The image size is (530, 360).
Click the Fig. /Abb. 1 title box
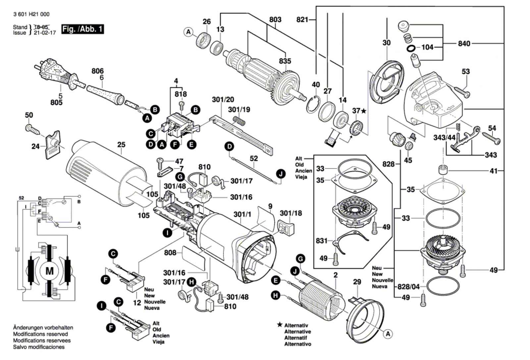click(82, 29)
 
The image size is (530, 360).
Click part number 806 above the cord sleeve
click(97, 71)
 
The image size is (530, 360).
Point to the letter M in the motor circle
click(49, 271)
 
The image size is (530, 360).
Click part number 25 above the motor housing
click(121, 145)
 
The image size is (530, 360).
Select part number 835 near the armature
click(285, 61)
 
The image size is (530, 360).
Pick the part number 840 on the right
click(464, 43)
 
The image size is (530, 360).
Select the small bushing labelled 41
click(443, 170)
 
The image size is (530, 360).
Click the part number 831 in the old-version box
click(321, 241)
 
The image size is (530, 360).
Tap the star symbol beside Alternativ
click(280, 325)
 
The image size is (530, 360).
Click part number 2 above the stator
click(335, 275)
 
